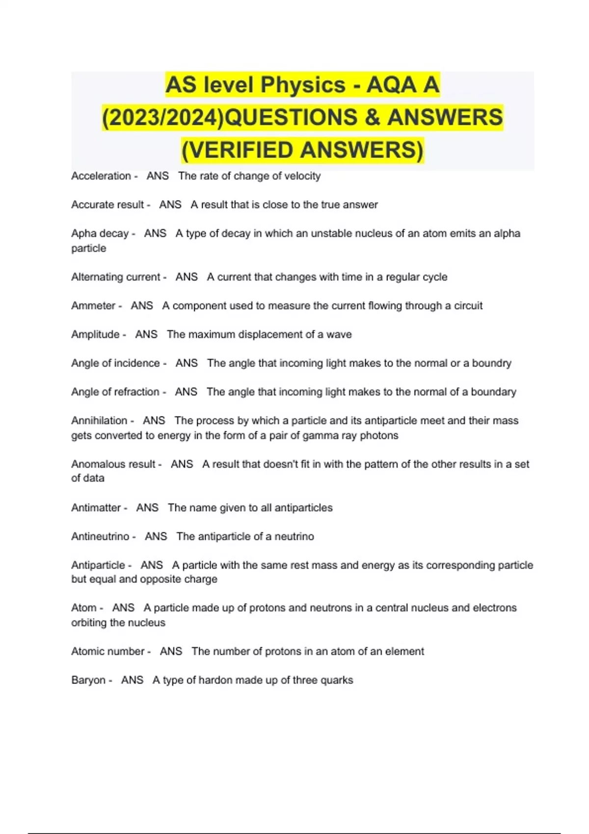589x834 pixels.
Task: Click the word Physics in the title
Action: coord(303,85)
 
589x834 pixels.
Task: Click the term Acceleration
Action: coord(101,176)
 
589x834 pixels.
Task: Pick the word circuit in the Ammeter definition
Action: coord(468,306)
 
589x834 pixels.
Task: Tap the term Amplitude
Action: coord(95,335)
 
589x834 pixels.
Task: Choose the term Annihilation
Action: coord(99,420)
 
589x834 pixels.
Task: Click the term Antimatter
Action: coord(96,508)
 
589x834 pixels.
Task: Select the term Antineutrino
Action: coord(100,536)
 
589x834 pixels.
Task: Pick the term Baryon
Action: coord(88,680)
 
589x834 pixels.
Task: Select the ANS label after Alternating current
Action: coord(187,277)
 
